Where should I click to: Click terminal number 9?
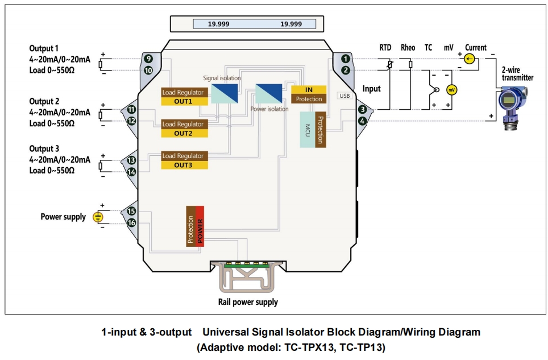click(x=148, y=59)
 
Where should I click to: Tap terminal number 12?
click(x=132, y=121)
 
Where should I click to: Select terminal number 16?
click(x=132, y=223)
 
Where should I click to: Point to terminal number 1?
click(x=345, y=59)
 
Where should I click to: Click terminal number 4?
click(x=362, y=121)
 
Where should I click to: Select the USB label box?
click(x=344, y=96)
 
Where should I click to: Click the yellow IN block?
click(x=309, y=89)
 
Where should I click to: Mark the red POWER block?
click(x=200, y=225)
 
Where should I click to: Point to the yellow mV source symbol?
click(x=451, y=90)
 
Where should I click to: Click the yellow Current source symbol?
click(x=468, y=59)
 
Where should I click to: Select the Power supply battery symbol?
click(x=98, y=217)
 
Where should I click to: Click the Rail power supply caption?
click(x=248, y=302)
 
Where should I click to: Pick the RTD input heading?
click(x=386, y=48)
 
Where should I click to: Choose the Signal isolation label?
click(x=222, y=78)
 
